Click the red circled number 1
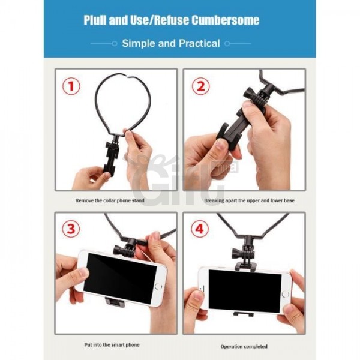pyautogui.click(x=71, y=87)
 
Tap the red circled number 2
pyautogui.click(x=200, y=87)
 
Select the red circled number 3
pyautogui.click(x=71, y=229)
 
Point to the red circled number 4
pyautogui.click(x=200, y=229)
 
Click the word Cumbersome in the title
pyautogui.click(x=226, y=20)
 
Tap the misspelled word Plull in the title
pyautogui.click(x=95, y=20)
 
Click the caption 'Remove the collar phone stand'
pyautogui.click(x=110, y=200)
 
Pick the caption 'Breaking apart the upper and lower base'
pyautogui.click(x=249, y=200)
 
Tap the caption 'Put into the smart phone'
pyautogui.click(x=112, y=345)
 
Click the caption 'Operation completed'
pyautogui.click(x=244, y=346)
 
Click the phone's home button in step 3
pyautogui.click(x=158, y=287)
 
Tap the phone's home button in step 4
pyautogui.click(x=285, y=294)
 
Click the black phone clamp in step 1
pyautogui.click(x=112, y=158)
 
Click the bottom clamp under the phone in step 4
pyautogui.click(x=244, y=314)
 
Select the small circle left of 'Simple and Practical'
pyautogui.click(x=115, y=44)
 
